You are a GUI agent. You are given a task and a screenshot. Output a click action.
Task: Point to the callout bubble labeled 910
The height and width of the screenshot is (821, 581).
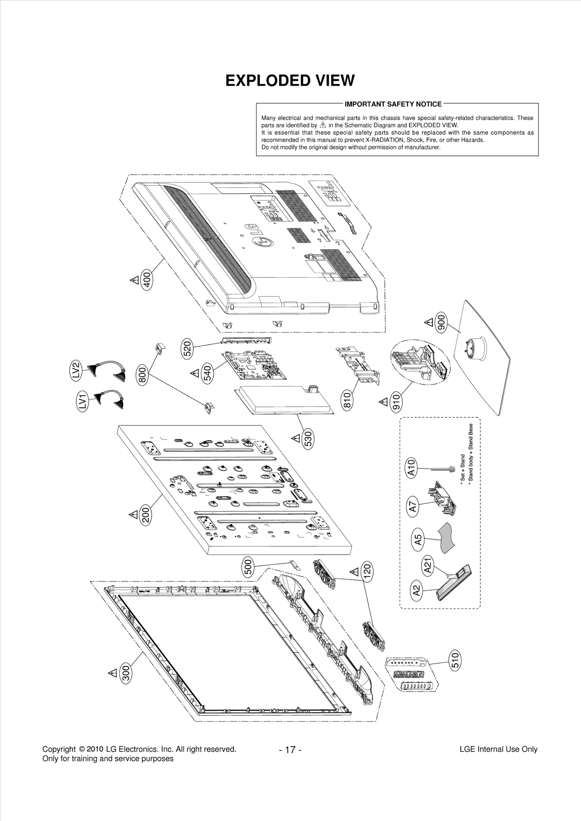point(396,401)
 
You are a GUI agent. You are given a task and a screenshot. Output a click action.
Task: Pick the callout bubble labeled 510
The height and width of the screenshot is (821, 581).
point(455,660)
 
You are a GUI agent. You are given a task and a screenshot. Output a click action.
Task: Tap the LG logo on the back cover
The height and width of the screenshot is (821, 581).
point(263,235)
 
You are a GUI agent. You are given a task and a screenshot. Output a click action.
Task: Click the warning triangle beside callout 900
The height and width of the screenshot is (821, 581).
point(428,322)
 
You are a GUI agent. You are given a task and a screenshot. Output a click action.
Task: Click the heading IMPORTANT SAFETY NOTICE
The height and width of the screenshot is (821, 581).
point(393,104)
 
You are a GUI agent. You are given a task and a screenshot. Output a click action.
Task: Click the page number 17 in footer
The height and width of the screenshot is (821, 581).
point(290,749)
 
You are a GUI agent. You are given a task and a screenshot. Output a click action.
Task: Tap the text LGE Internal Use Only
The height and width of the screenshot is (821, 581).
point(498,749)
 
